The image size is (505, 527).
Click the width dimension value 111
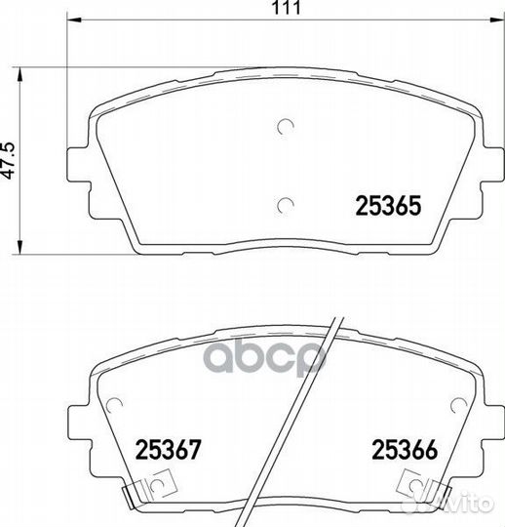pos(287,8)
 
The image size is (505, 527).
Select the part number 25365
pos(388,205)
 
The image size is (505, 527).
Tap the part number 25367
pos(168,449)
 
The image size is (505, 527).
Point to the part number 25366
pos(405,449)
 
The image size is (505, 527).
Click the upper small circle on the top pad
pos(286,126)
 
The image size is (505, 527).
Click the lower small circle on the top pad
pos(286,205)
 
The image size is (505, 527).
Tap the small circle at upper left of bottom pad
pos(114,406)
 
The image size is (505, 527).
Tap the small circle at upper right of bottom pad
pos(458,406)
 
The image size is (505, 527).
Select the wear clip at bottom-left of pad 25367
pos(149,487)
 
